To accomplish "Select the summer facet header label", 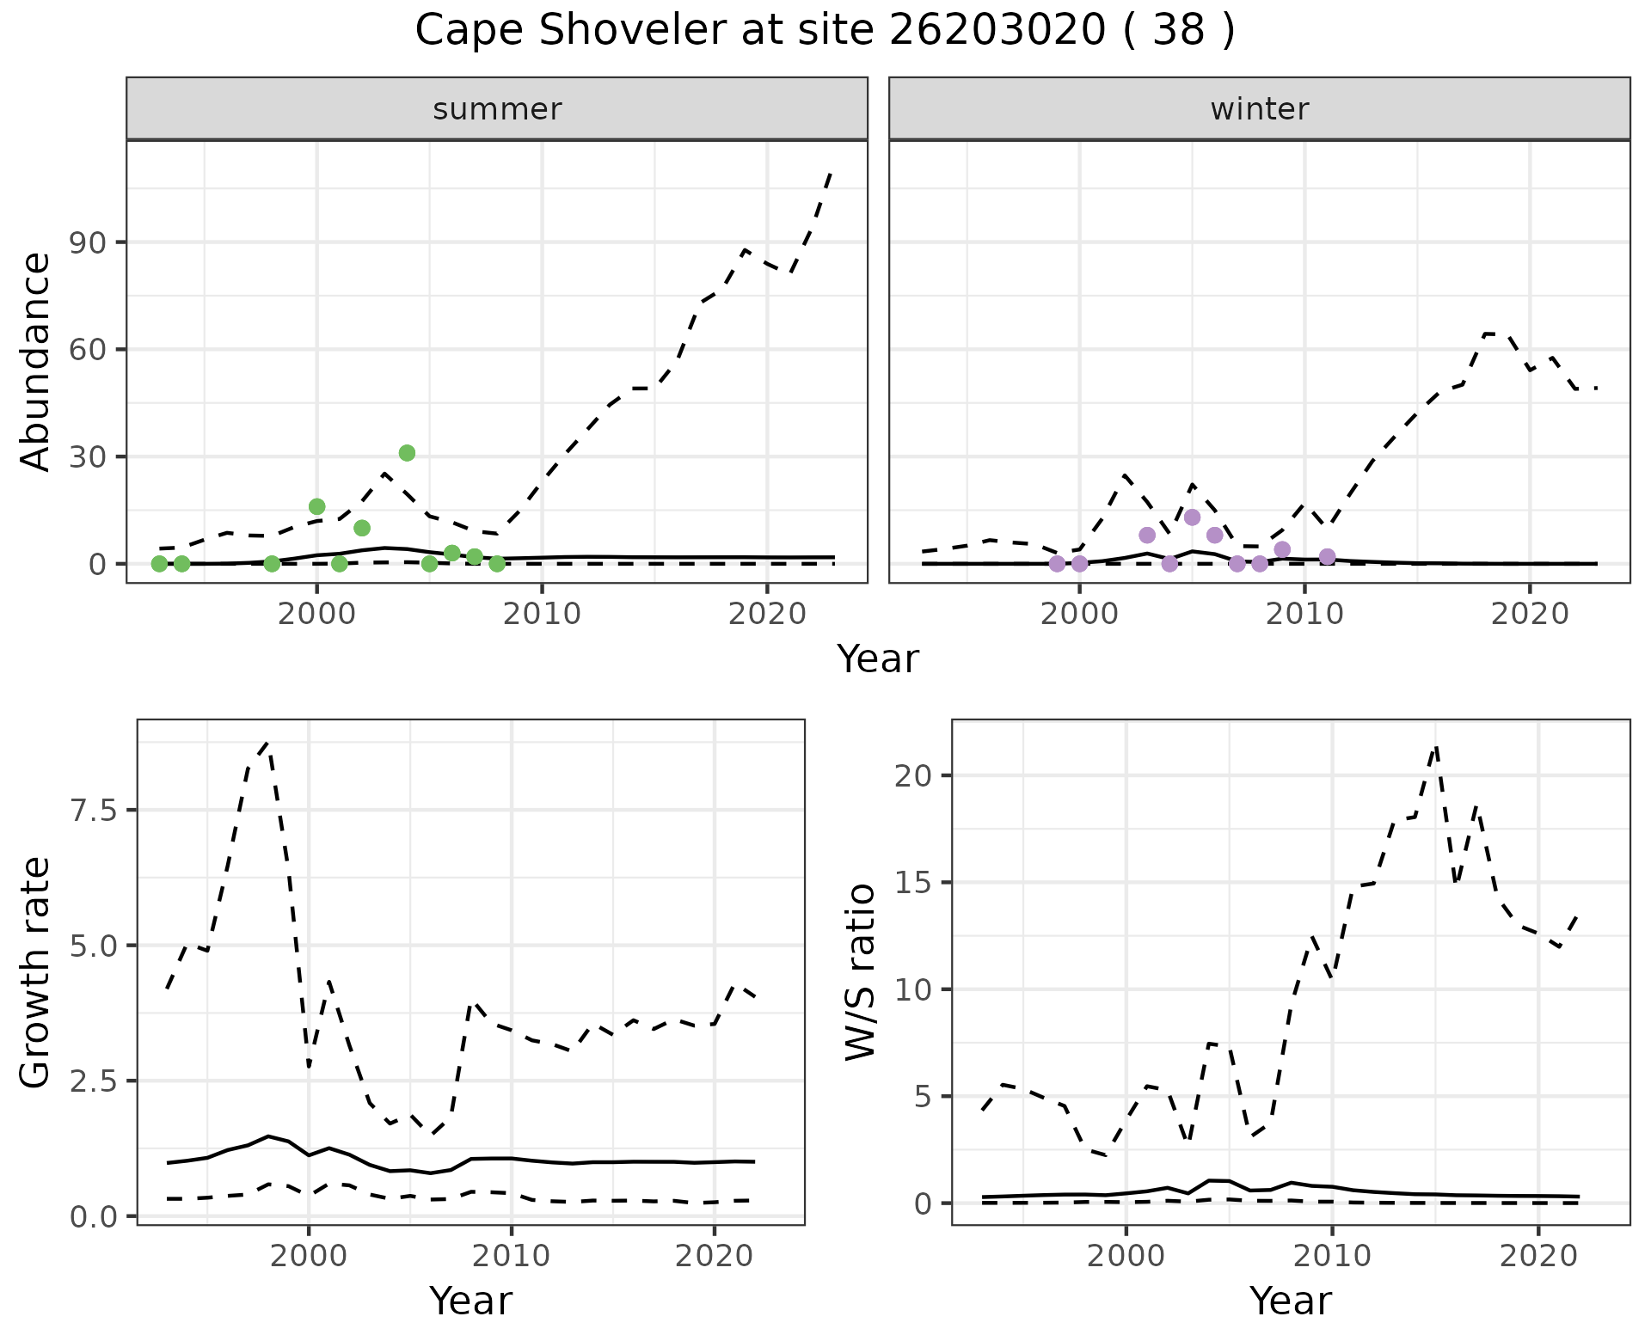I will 497,109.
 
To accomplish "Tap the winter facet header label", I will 1259,109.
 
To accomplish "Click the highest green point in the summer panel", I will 407,453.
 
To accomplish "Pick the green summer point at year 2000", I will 316,506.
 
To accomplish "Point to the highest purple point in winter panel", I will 1192,517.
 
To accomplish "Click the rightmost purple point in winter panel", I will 1327,557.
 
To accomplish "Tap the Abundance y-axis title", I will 36,361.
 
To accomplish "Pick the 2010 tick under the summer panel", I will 542,614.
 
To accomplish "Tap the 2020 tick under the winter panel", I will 1529,614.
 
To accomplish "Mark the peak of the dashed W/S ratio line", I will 1435,746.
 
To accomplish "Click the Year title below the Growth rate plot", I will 470,1301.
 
